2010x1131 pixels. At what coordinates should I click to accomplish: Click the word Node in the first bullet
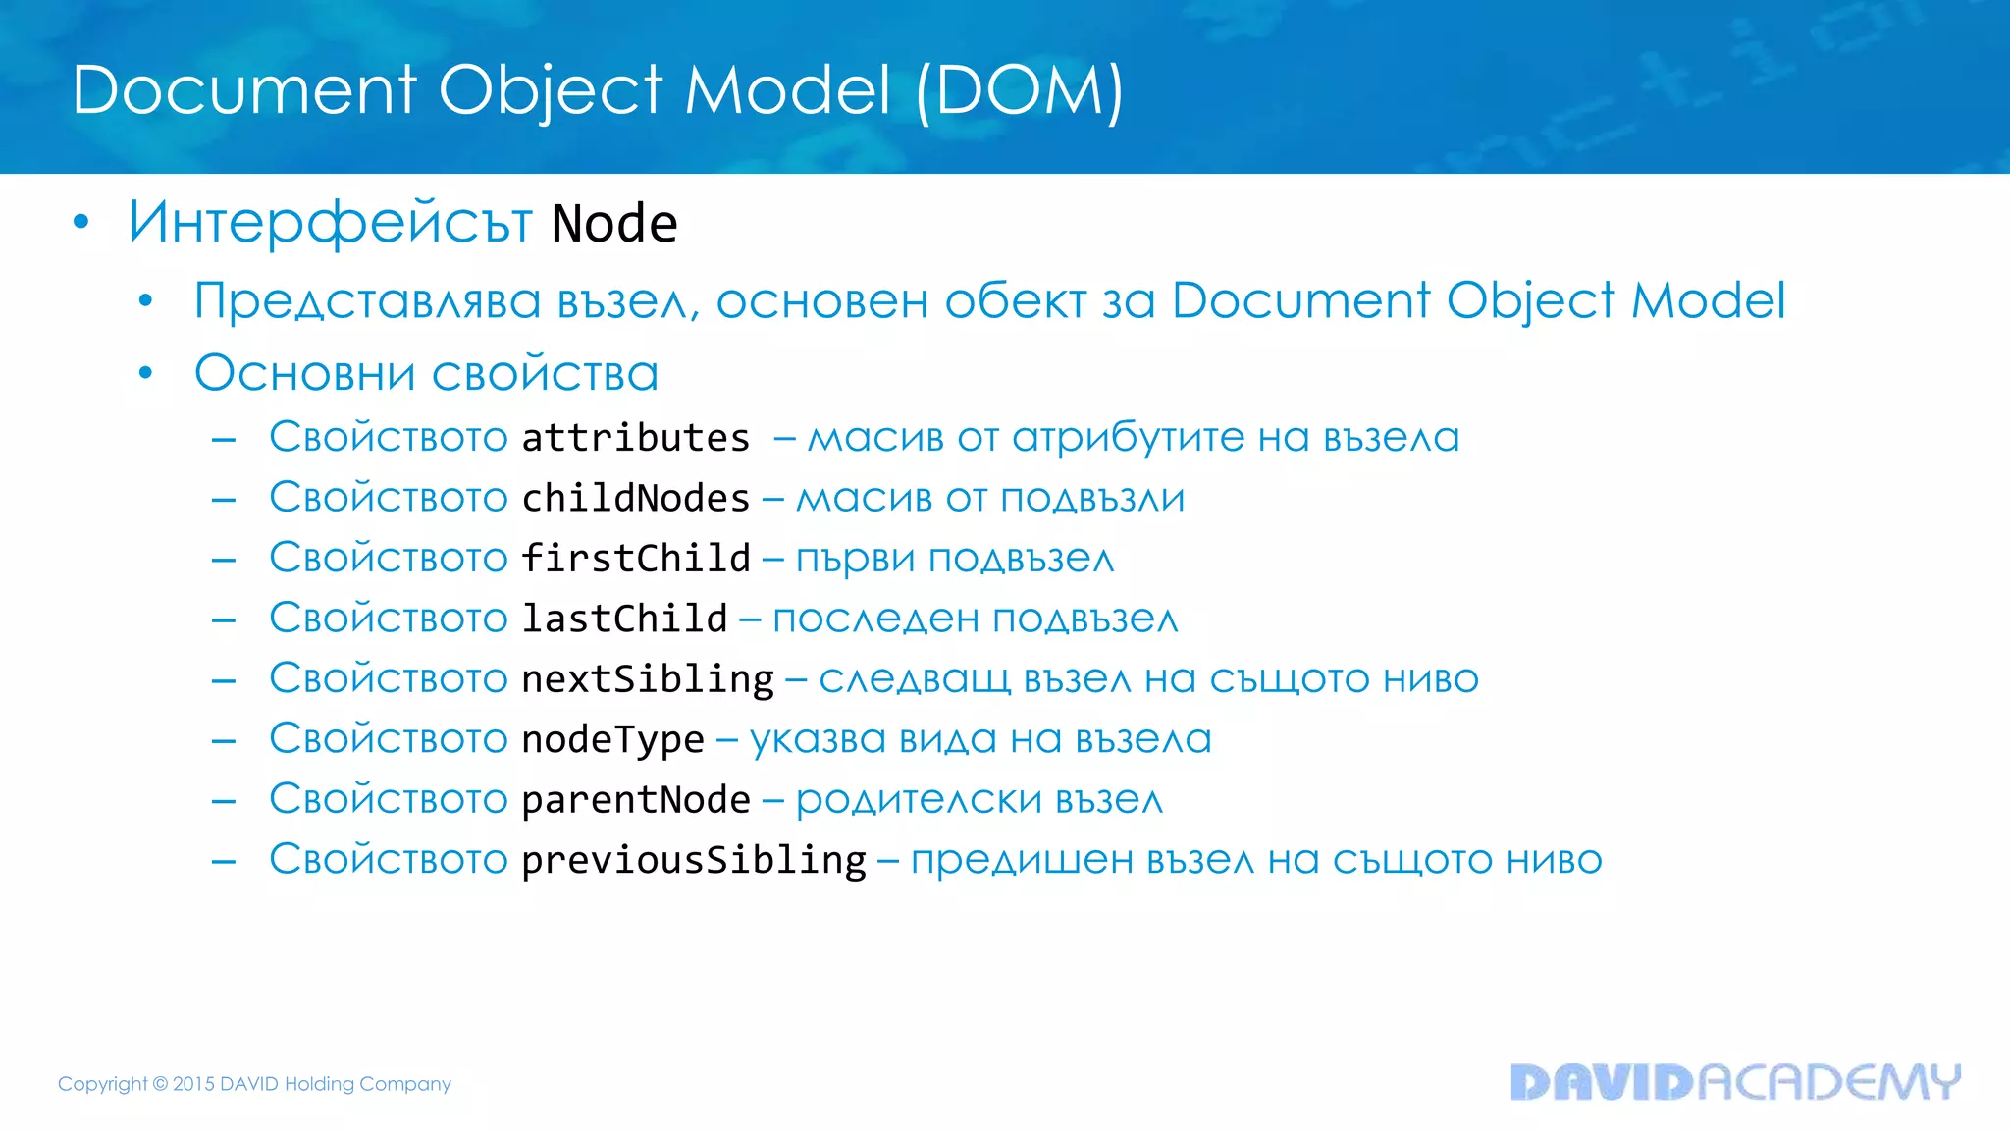click(614, 224)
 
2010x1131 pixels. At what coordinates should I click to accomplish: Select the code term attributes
click(636, 438)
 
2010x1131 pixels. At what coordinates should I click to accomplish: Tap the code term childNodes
click(636, 499)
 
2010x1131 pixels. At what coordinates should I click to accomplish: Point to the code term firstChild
click(636, 559)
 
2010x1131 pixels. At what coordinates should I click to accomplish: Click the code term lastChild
click(624, 619)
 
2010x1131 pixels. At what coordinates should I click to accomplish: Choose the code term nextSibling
click(648, 679)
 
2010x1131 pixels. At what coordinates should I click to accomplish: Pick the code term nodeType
click(612, 740)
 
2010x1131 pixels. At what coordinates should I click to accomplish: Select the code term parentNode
click(636, 800)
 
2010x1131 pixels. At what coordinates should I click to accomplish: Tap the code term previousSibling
click(694, 861)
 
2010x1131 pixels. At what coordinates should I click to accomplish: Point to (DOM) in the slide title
click(1020, 91)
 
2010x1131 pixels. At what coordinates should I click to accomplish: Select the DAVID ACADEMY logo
click(1734, 1082)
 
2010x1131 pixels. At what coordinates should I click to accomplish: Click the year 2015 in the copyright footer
click(193, 1084)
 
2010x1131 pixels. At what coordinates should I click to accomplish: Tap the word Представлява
click(367, 301)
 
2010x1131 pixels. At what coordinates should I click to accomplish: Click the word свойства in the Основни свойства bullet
click(545, 374)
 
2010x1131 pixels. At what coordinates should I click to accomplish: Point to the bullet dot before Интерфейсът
click(81, 223)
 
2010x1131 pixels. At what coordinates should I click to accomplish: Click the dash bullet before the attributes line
click(224, 440)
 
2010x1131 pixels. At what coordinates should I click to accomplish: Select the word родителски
click(919, 800)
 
